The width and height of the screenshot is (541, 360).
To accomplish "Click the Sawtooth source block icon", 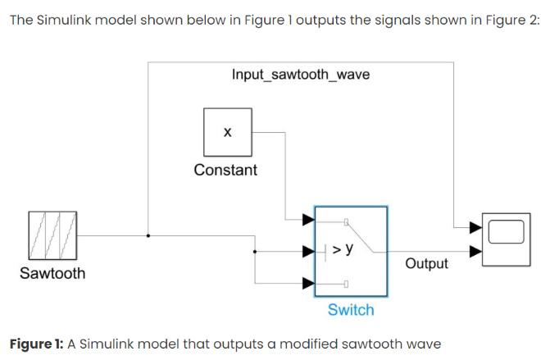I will click(52, 235).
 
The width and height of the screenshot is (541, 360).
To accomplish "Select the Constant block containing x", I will click(227, 131).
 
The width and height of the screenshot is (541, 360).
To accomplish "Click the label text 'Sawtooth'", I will click(52, 274).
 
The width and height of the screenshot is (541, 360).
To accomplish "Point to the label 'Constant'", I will click(225, 171).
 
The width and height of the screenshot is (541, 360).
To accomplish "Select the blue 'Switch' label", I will click(350, 310).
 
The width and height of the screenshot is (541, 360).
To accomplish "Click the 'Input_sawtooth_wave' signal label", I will click(300, 75).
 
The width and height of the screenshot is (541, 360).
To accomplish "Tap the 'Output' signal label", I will click(426, 264).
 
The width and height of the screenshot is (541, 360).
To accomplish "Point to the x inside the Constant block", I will click(227, 131).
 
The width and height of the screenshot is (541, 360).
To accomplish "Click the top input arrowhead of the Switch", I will click(308, 219).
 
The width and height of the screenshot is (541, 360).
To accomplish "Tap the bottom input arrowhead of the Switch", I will click(308, 283).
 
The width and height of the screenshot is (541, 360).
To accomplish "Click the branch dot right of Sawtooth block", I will click(148, 235).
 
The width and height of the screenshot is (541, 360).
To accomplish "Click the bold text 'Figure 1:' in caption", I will click(36, 341).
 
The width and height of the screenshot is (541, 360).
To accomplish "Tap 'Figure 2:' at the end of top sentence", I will click(510, 20).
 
